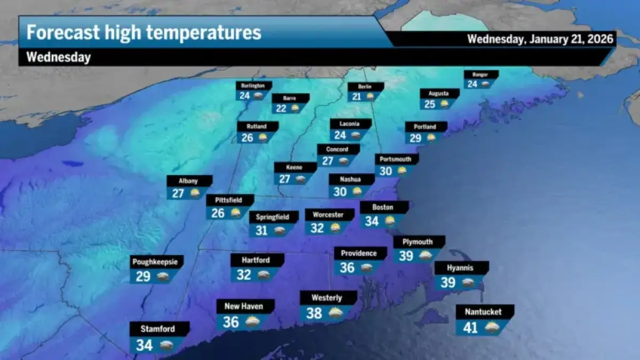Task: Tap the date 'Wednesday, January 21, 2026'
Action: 540,39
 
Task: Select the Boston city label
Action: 383,207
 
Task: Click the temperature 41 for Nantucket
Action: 470,327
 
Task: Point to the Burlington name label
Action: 253,85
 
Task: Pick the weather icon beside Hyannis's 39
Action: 468,283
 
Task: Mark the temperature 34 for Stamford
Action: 145,345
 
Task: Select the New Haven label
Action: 244,306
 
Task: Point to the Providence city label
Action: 359,253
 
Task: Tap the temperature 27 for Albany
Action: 178,193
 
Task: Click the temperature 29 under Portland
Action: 416,138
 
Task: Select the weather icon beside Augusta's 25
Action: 444,105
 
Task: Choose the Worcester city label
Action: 329,214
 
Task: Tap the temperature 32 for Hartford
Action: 244,275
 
